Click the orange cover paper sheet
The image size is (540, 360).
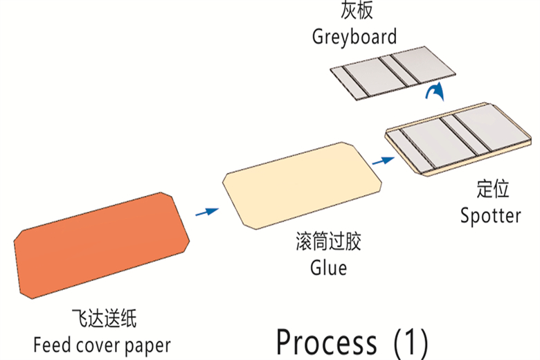click(x=102, y=244)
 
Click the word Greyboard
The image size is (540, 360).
click(x=354, y=36)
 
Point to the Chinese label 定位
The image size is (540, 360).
click(x=492, y=189)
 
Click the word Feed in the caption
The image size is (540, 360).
click(x=50, y=343)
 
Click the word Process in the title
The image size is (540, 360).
click(x=326, y=341)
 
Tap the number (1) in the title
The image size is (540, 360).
click(x=410, y=341)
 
